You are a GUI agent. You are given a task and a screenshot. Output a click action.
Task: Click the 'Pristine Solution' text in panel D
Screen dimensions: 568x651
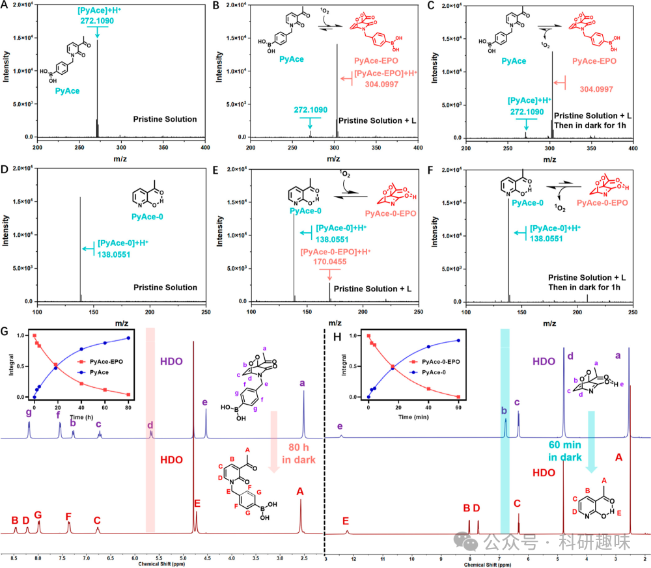click(165, 288)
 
